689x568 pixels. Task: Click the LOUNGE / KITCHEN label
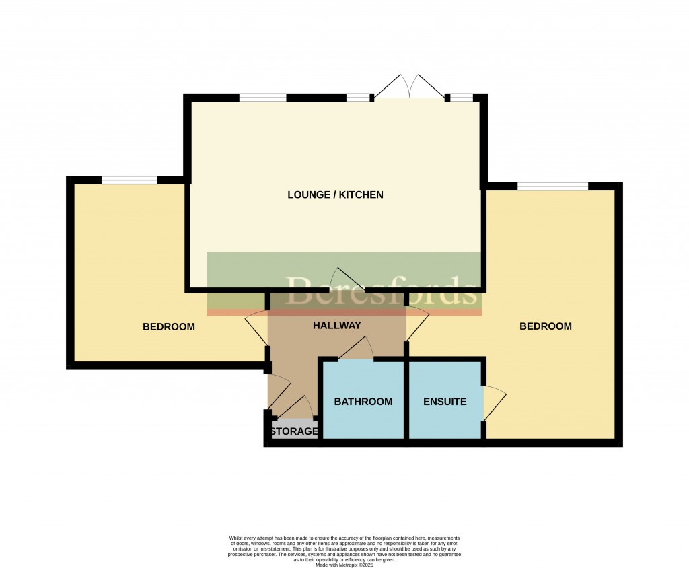(335, 195)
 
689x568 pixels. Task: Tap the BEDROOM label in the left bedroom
(169, 327)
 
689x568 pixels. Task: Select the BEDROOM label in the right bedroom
(546, 326)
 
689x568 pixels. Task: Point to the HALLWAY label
(337, 326)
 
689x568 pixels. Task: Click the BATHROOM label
(363, 402)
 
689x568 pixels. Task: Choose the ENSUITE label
(445, 402)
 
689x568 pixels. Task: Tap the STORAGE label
(294, 431)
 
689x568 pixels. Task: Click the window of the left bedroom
(129, 180)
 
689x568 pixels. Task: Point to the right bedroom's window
(552, 186)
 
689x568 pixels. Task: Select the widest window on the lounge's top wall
(262, 98)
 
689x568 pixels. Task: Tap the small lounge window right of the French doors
(461, 98)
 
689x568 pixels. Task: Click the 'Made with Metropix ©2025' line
(344, 565)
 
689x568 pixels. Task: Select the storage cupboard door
(296, 406)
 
